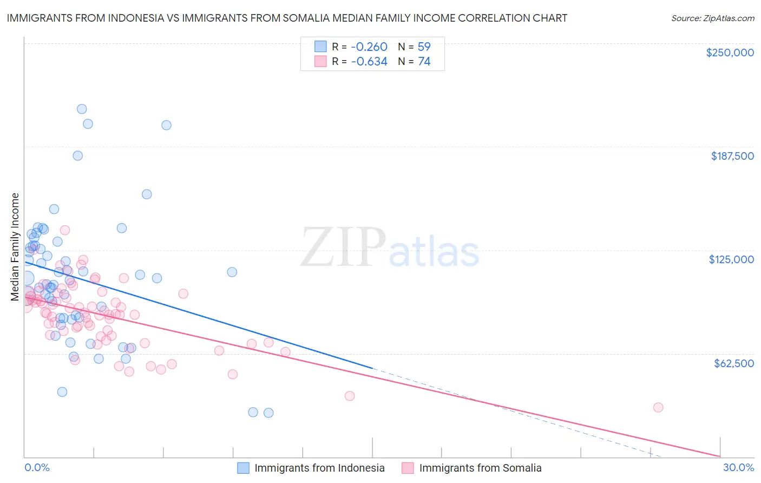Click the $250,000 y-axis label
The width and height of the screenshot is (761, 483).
[730, 53]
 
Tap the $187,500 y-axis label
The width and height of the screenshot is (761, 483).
[732, 156]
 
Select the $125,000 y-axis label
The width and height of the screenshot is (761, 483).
[731, 259]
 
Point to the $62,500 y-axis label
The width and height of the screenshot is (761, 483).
[733, 363]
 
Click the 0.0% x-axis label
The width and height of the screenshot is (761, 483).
[37, 467]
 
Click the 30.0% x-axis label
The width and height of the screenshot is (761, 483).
[738, 467]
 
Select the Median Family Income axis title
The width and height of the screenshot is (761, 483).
[15, 247]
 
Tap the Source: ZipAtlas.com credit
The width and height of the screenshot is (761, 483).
[712, 18]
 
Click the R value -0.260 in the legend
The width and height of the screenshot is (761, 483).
[369, 47]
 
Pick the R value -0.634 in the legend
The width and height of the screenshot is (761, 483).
[369, 62]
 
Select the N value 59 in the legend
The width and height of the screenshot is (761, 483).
[424, 47]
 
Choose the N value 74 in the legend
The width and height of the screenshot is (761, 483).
[424, 62]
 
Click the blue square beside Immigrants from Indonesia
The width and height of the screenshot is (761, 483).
[244, 468]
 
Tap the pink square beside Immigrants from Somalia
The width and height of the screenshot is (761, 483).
[408, 468]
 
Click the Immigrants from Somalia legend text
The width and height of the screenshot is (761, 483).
[480, 468]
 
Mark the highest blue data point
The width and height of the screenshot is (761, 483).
[82, 109]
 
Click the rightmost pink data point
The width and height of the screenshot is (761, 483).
[658, 408]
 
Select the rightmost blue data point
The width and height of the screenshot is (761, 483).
[268, 413]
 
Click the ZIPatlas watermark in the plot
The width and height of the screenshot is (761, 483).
[390, 248]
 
